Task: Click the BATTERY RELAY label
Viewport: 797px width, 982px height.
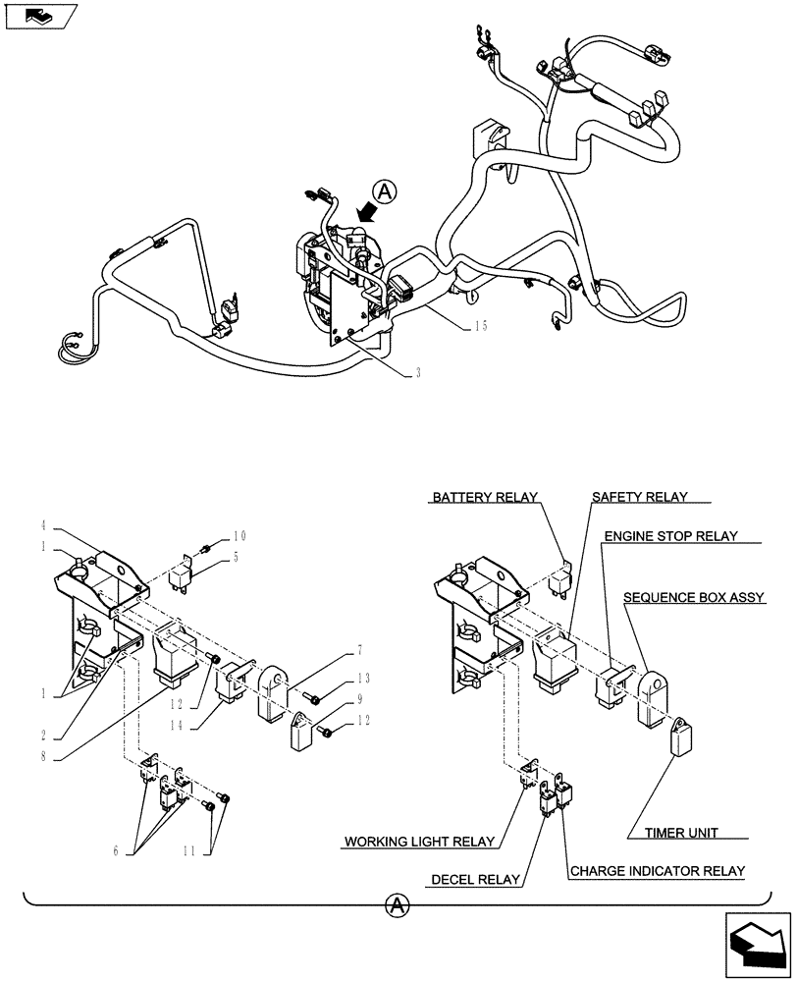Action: point(484,497)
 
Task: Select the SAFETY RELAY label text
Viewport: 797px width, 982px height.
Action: point(639,497)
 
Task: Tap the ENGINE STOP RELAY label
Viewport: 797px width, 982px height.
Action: point(669,537)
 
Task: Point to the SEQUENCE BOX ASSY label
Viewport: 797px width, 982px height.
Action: point(708,596)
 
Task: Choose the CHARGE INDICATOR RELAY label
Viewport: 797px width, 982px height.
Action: point(657,870)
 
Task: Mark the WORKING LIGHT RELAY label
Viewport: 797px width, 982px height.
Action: point(419,842)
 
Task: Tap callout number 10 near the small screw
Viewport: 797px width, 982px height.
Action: point(240,535)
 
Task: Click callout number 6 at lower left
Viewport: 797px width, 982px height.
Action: point(115,851)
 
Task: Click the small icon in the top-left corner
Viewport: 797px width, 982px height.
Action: point(39,16)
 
